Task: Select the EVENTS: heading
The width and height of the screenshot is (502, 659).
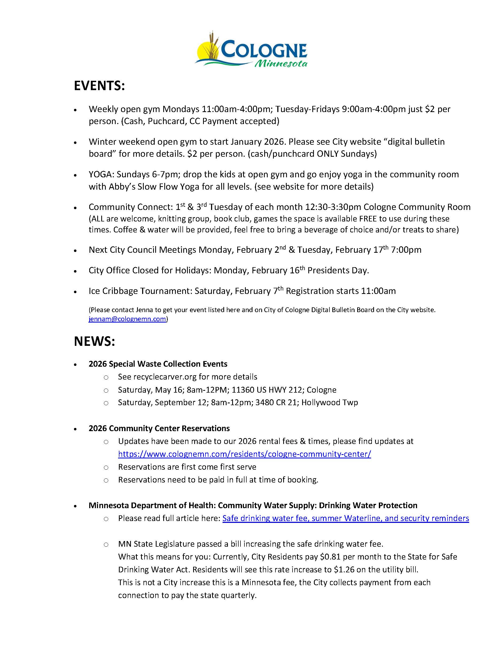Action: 99,86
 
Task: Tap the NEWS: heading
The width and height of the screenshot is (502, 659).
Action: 94,341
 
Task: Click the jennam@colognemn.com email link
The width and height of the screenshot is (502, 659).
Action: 127,319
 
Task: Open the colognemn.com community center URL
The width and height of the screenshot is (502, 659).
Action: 244,454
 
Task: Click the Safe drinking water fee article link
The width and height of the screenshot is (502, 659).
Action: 346,518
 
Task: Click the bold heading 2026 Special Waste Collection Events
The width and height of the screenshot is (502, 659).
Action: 158,364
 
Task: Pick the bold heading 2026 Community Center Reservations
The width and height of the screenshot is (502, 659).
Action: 159,428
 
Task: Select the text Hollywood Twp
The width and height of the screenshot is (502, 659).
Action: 329,403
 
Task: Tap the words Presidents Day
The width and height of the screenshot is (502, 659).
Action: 338,270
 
